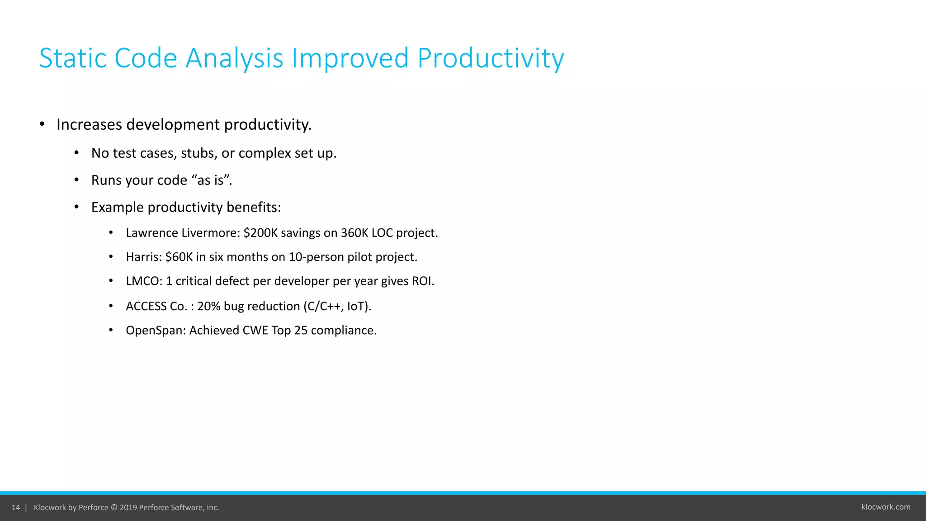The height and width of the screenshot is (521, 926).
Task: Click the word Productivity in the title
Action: pyautogui.click(x=490, y=59)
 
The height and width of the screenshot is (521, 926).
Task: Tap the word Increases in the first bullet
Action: pyautogui.click(x=89, y=125)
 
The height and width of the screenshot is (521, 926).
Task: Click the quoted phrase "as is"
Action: pyautogui.click(x=211, y=180)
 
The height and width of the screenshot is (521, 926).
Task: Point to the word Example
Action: pyautogui.click(x=117, y=207)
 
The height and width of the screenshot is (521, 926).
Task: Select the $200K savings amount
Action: pyautogui.click(x=260, y=233)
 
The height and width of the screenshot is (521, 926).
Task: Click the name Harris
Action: pyautogui.click(x=142, y=257)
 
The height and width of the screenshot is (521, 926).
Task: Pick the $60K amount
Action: pyautogui.click(x=179, y=257)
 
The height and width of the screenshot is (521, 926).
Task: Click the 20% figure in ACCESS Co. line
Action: pyautogui.click(x=208, y=307)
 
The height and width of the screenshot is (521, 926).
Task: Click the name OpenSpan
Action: pyautogui.click(x=154, y=331)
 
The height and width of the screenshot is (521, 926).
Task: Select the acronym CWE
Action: pyautogui.click(x=255, y=331)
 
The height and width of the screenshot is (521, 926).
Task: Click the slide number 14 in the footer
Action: pyautogui.click(x=16, y=507)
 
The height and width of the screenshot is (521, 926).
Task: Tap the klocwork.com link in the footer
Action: pyautogui.click(x=885, y=507)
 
